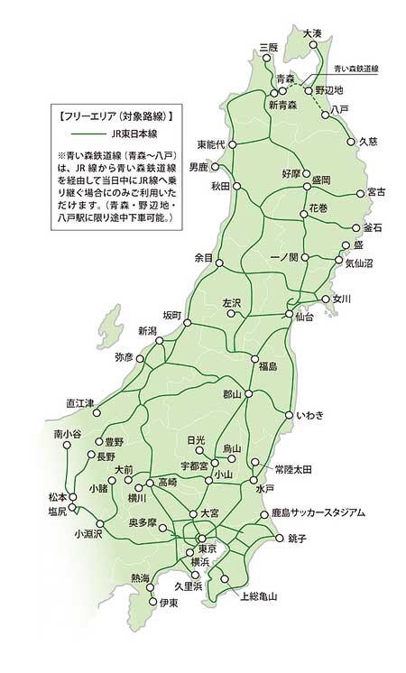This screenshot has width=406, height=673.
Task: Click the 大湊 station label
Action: click(313, 33)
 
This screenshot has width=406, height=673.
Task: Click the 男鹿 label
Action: click(198, 167)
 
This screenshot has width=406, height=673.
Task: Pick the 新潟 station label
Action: click(148, 331)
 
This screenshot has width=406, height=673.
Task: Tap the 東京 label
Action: click(207, 549)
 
